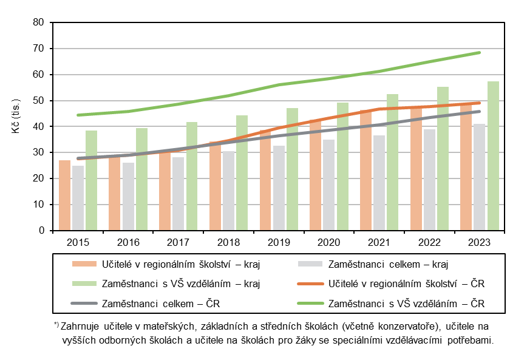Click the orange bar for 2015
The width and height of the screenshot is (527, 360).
pyautogui.click(x=64, y=195)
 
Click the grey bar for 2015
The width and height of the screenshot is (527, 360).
pyautogui.click(x=78, y=198)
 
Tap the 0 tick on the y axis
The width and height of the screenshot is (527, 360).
pyautogui.click(x=42, y=231)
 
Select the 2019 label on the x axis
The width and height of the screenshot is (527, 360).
pyautogui.click(x=279, y=243)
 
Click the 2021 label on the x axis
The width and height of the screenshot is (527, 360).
pyautogui.click(x=379, y=243)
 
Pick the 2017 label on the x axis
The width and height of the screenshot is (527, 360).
pyautogui.click(x=178, y=243)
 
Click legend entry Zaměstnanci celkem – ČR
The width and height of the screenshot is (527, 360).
pyautogui.click(x=160, y=302)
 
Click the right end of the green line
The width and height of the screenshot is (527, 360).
pyautogui.click(x=480, y=52)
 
